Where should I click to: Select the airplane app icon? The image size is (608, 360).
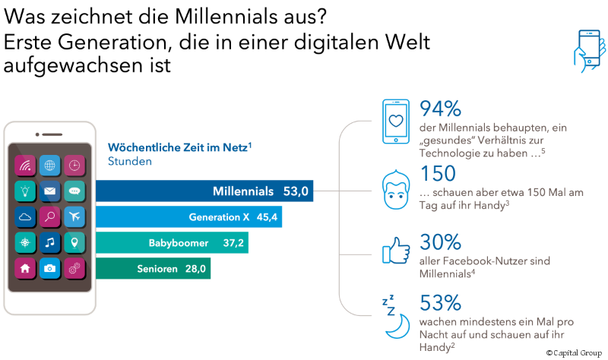click(75, 216)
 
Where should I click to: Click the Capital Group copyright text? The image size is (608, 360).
click(575, 353)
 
